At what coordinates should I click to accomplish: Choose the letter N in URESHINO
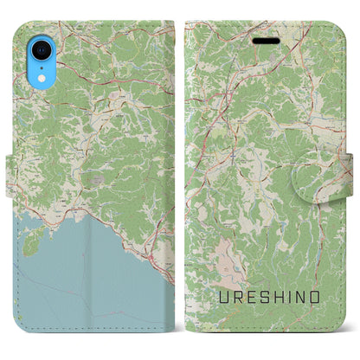pos(306,299)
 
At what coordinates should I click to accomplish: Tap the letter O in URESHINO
pos(322,299)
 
